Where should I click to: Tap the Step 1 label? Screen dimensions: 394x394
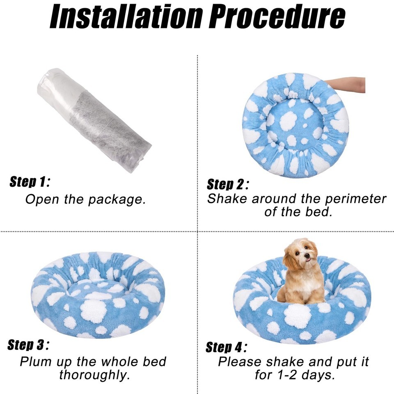point(30,182)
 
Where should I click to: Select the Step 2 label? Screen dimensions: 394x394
point(228,184)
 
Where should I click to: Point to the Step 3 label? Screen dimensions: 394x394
point(28,344)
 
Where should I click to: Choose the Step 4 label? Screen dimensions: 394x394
point(227,347)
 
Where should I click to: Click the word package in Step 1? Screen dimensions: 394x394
point(117,199)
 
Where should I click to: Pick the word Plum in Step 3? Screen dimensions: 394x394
point(36,362)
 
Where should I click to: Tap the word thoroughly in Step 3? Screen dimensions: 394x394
point(94,375)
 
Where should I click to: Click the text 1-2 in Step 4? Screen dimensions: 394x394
point(287,375)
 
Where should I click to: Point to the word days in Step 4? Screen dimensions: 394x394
point(318,375)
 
